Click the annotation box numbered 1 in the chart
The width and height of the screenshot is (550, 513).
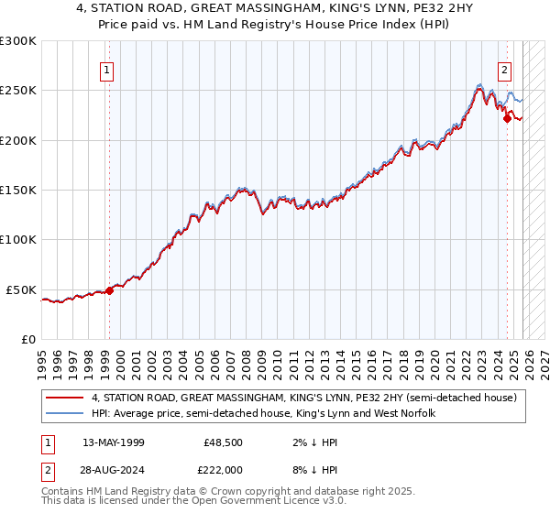[x=107, y=69]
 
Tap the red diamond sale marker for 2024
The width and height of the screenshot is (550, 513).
[x=507, y=117]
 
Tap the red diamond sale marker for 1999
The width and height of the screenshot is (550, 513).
[x=109, y=290]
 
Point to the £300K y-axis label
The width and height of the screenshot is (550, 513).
[x=18, y=41]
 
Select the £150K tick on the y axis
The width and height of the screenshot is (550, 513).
[x=18, y=191]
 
